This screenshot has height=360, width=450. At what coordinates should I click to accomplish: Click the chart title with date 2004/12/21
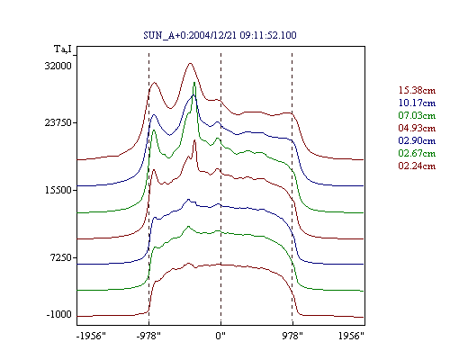click(x=220, y=35)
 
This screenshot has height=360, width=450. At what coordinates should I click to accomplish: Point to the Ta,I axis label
click(x=63, y=49)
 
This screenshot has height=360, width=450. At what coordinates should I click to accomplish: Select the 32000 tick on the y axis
click(x=58, y=66)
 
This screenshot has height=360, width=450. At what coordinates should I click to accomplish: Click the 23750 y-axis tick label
click(x=58, y=122)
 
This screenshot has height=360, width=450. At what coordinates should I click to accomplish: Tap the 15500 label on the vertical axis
click(x=58, y=190)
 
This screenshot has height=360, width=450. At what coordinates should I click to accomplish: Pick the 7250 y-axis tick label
click(x=61, y=257)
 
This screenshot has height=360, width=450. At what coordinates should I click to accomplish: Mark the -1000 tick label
click(x=59, y=314)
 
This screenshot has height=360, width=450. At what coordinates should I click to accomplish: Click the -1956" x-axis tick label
click(x=91, y=336)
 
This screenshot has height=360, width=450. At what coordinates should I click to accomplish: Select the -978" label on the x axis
click(x=148, y=336)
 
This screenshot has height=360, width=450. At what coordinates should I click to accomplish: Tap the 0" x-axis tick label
click(x=220, y=336)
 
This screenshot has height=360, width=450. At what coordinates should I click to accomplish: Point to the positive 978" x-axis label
click(x=292, y=336)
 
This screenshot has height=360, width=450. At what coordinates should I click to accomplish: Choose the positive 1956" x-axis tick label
click(x=351, y=336)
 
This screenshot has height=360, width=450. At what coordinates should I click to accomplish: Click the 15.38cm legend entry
click(x=417, y=90)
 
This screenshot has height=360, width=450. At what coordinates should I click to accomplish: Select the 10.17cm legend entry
click(x=417, y=103)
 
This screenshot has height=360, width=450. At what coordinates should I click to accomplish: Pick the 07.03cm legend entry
click(x=417, y=115)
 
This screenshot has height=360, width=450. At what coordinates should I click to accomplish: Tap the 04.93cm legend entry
click(x=417, y=128)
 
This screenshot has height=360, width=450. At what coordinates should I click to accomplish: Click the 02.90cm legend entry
click(x=417, y=140)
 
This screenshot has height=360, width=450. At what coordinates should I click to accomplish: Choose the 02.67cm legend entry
click(x=417, y=153)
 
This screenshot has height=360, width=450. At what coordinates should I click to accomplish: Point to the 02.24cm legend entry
click(x=417, y=166)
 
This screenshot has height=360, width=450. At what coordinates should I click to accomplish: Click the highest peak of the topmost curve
click(x=190, y=63)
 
